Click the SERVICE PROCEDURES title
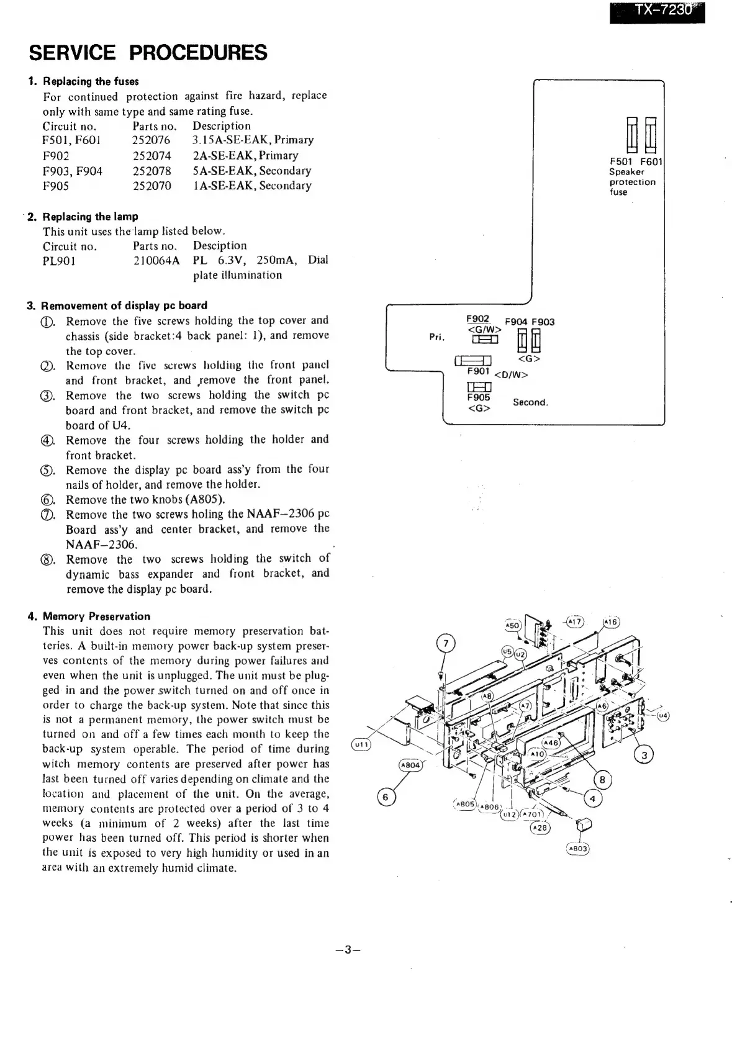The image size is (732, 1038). (148, 53)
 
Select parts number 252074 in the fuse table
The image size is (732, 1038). (151, 156)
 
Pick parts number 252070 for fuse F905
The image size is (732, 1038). (151, 186)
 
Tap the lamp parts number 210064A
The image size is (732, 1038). (156, 261)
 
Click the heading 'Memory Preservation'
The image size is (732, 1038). (96, 616)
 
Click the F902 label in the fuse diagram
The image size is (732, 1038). (477, 319)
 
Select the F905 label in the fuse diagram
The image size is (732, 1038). (479, 397)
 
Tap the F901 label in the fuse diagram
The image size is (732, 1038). (479, 371)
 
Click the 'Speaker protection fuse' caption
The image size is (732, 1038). (631, 182)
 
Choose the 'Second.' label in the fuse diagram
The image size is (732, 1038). (530, 402)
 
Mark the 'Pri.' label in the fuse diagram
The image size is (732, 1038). (437, 337)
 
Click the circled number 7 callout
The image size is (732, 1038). (446, 643)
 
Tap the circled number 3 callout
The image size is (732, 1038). (644, 755)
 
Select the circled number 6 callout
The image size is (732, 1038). (386, 798)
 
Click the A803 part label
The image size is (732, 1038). (577, 849)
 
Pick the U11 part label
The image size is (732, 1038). (361, 744)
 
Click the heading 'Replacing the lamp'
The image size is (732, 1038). (91, 217)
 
